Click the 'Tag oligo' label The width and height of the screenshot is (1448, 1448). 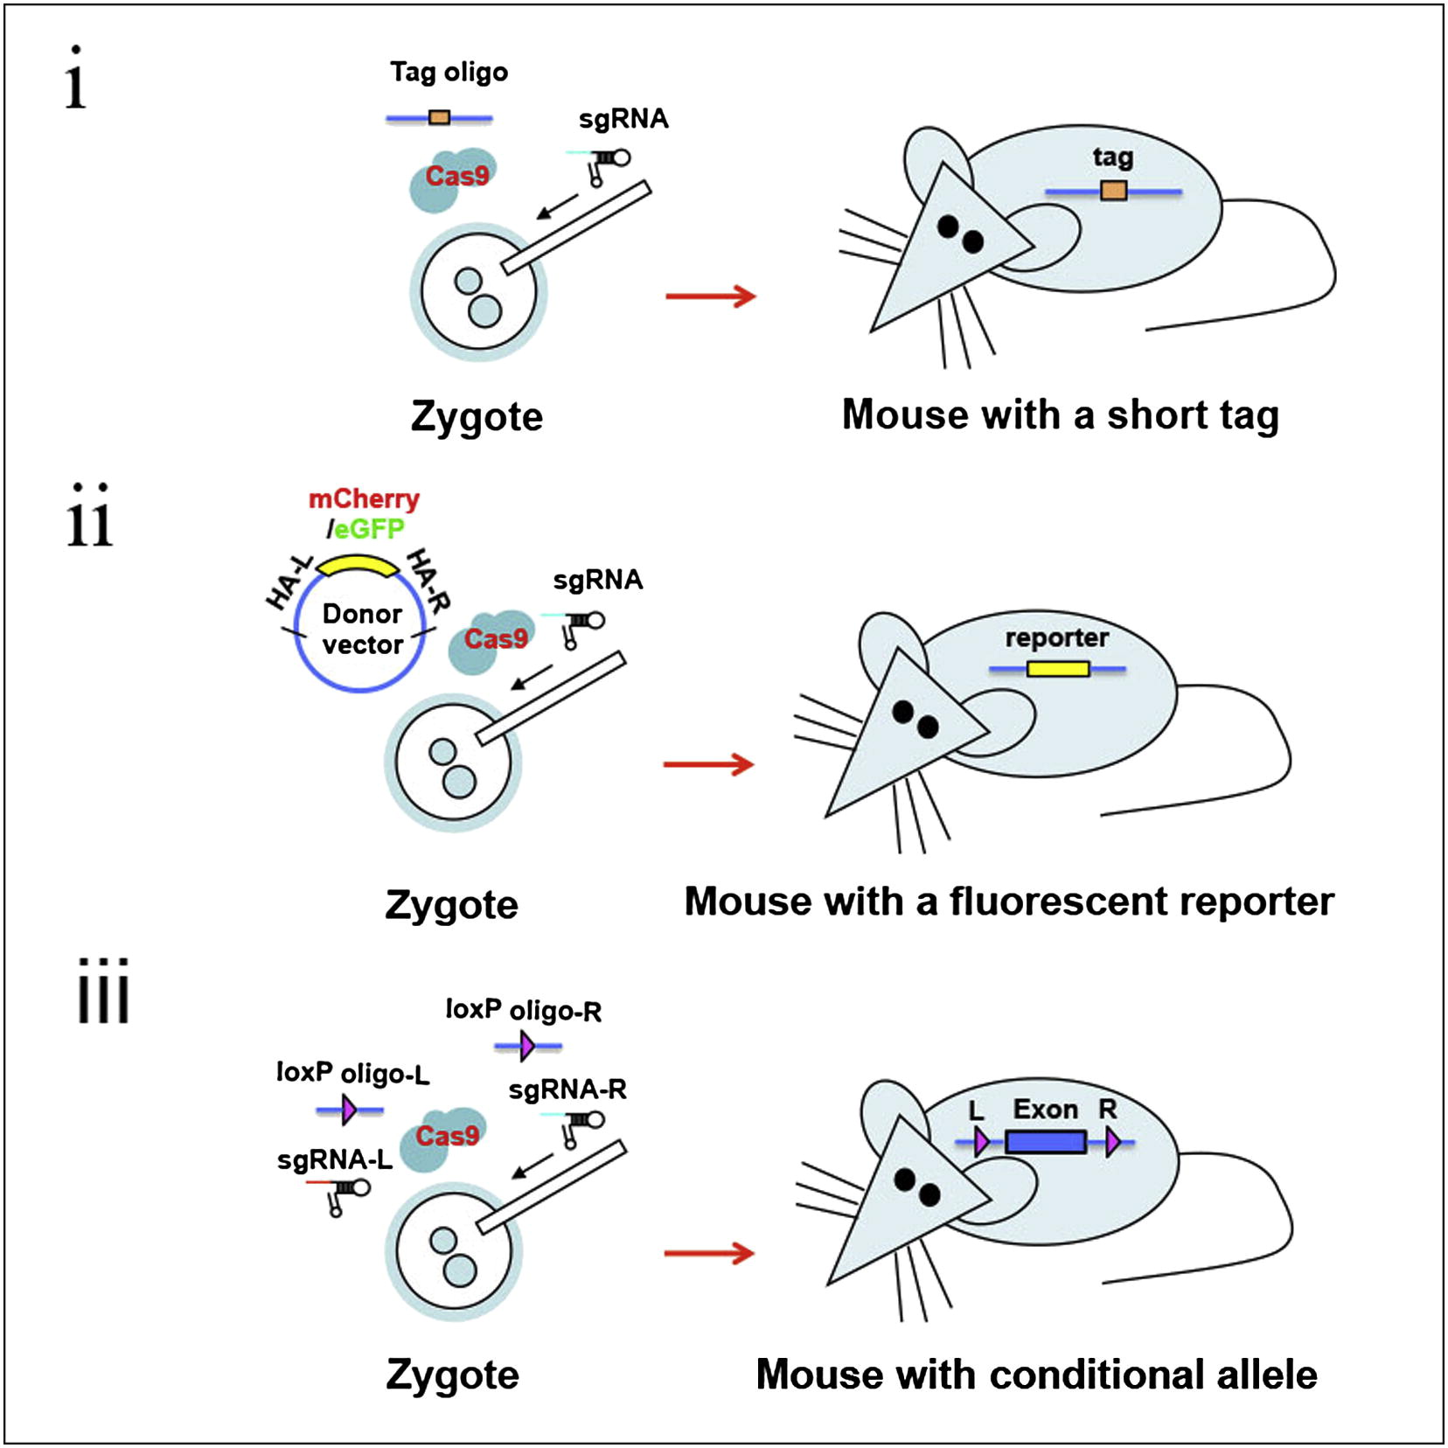pyautogui.click(x=449, y=72)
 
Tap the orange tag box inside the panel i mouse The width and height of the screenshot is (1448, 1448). pyautogui.click(x=1113, y=191)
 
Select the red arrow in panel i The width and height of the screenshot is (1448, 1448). pyautogui.click(x=710, y=296)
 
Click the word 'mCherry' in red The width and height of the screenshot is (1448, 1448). pyautogui.click(x=364, y=499)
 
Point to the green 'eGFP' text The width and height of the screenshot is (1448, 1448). pyautogui.click(x=369, y=529)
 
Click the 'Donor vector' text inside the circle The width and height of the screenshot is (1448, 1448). pyautogui.click(x=362, y=629)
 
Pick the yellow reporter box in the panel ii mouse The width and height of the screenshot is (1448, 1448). pyautogui.click(x=1058, y=669)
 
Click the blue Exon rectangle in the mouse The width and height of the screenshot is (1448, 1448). pyautogui.click(x=1046, y=1142)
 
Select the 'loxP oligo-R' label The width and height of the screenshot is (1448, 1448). pyautogui.click(x=523, y=1010)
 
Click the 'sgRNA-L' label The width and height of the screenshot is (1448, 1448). pyautogui.click(x=334, y=1160)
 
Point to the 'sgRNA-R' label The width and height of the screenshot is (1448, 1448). pyautogui.click(x=567, y=1089)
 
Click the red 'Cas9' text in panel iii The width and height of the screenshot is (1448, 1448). pyautogui.click(x=447, y=1136)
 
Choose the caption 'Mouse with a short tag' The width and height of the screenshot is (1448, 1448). pyautogui.click(x=1060, y=415)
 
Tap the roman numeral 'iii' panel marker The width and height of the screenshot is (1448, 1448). pyautogui.click(x=103, y=992)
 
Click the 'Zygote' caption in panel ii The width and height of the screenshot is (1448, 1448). pyautogui.click(x=451, y=905)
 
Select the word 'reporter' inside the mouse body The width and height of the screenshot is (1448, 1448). pyautogui.click(x=1056, y=637)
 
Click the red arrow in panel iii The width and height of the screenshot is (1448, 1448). pyautogui.click(x=709, y=1253)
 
